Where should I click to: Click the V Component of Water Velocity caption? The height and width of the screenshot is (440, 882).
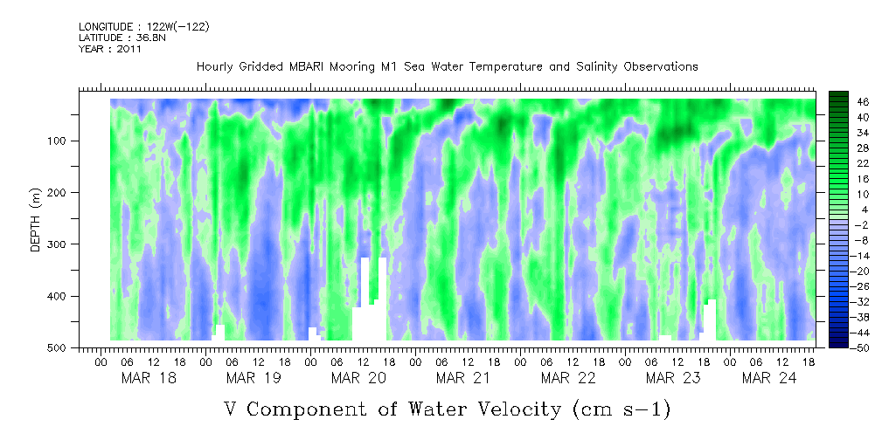click(x=446, y=409)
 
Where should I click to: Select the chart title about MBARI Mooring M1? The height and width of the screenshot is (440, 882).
click(x=447, y=67)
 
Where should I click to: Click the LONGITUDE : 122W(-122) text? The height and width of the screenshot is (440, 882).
click(x=144, y=27)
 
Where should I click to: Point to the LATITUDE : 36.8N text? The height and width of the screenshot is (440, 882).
click(x=125, y=38)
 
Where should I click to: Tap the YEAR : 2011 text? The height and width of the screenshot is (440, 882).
click(x=110, y=49)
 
